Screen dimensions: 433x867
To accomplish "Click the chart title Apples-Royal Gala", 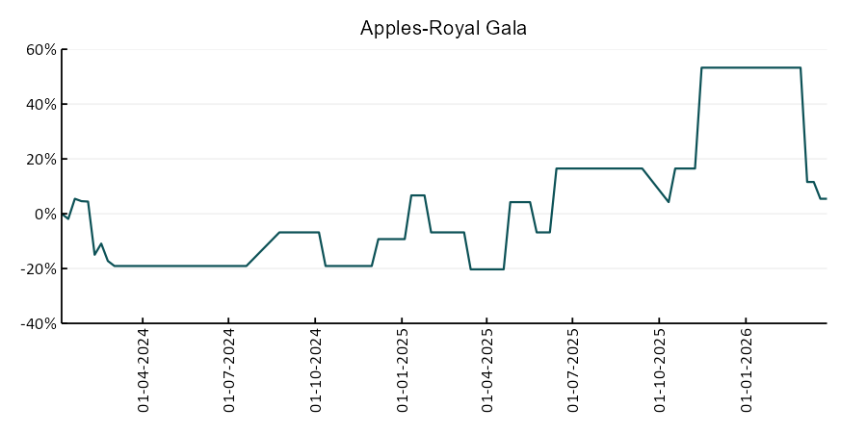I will tap(443, 28).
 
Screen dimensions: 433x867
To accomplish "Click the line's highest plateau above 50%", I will tap(751, 67).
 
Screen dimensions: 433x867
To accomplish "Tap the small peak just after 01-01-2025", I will tap(418, 195).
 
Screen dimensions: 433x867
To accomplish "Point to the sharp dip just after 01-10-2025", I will tap(668, 201).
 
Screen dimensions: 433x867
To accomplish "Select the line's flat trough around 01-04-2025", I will tap(486, 269).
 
